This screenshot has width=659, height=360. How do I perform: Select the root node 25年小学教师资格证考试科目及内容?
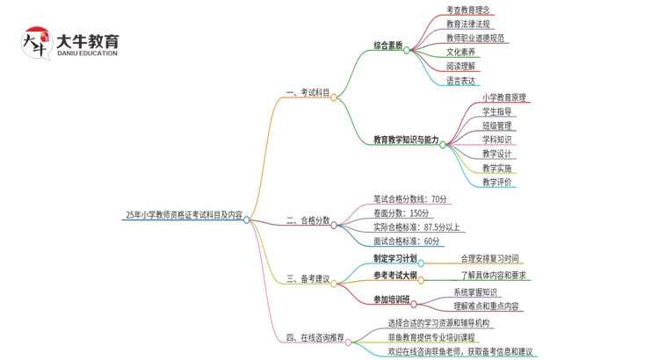click(184, 213)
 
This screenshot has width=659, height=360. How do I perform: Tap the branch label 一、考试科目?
click(308, 92)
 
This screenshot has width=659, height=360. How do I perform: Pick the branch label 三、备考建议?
click(308, 279)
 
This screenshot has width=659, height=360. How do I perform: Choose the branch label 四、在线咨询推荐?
click(315, 337)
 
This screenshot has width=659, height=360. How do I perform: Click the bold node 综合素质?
click(387, 45)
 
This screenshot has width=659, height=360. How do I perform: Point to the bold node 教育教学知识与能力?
click(406, 140)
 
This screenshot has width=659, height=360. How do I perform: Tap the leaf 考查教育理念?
click(468, 11)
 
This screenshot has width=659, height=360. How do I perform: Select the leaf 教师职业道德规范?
click(475, 39)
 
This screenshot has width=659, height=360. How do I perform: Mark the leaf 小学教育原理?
click(504, 97)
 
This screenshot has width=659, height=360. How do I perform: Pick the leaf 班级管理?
click(497, 126)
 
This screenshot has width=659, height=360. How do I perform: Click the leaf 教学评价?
click(497, 182)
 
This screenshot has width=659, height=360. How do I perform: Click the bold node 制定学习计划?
click(395, 259)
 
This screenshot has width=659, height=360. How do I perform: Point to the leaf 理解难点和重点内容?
click(486, 306)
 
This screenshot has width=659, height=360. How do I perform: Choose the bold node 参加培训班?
click(391, 299)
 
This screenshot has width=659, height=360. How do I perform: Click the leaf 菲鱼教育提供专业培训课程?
click(431, 337)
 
